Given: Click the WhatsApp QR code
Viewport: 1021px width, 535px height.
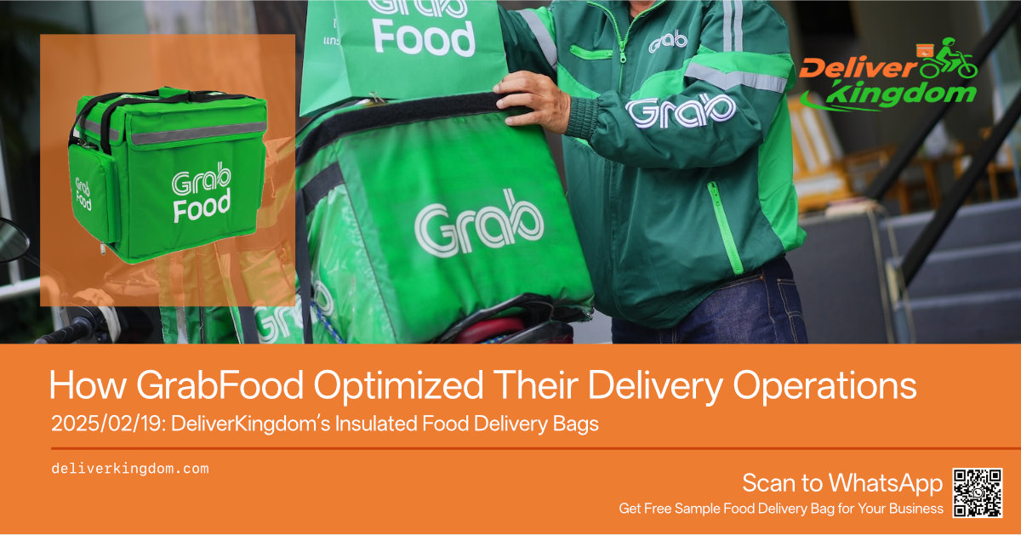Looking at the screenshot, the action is [978, 492].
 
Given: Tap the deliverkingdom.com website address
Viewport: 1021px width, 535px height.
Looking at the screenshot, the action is [130, 469].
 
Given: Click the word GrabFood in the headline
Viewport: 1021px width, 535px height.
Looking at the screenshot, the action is [220, 385].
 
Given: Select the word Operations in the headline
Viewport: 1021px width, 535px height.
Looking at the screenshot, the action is [824, 386].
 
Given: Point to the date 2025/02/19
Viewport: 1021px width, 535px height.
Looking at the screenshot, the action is [107, 424].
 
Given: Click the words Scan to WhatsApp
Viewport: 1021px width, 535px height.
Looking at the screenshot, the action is [842, 482].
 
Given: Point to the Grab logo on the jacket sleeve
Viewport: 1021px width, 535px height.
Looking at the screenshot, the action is [680, 111].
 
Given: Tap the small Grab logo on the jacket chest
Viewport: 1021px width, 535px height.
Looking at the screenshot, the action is [668, 41].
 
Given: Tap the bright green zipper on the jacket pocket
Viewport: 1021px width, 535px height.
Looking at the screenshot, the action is [724, 227].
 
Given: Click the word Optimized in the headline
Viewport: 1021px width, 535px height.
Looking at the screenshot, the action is [398, 386].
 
